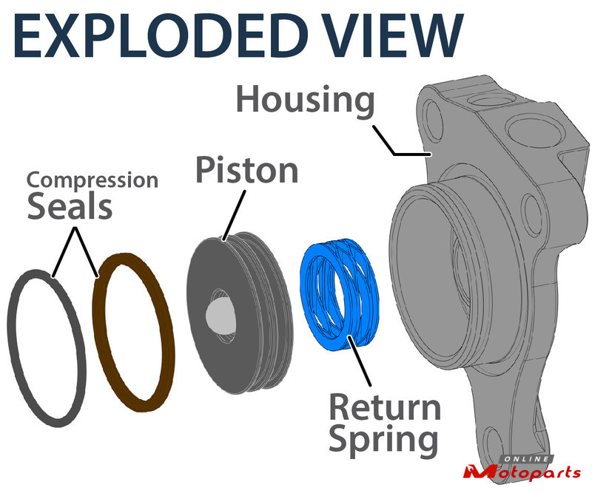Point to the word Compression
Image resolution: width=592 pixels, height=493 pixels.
coord(92,180)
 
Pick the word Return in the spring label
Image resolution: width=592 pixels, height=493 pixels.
coord(384,409)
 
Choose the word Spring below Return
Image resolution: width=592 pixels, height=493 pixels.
coord(383,441)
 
